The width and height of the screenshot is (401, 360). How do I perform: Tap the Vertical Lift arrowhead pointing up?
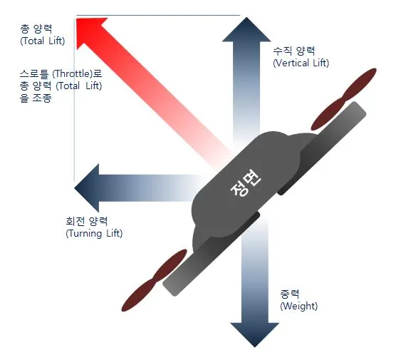click(x=246, y=30)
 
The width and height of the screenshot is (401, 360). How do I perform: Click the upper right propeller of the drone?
click(x=343, y=99)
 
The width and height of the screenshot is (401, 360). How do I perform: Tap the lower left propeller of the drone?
click(x=155, y=280)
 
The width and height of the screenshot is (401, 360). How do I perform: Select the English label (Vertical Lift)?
click(x=301, y=63)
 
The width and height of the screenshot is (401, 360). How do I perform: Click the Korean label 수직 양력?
click(x=294, y=51)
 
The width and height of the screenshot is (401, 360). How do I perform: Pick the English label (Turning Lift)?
click(x=94, y=234)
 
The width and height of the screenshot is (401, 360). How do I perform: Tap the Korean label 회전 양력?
click(x=87, y=221)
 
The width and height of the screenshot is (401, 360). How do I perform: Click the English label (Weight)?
click(x=299, y=307)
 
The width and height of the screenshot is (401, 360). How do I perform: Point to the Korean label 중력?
click(x=289, y=294)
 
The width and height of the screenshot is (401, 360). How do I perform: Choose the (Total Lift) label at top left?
click(x=43, y=41)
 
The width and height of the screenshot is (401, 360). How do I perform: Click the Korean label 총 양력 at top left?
click(x=36, y=29)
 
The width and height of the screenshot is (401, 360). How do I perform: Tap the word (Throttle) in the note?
click(x=72, y=73)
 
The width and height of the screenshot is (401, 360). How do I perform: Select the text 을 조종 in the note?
click(x=36, y=98)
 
